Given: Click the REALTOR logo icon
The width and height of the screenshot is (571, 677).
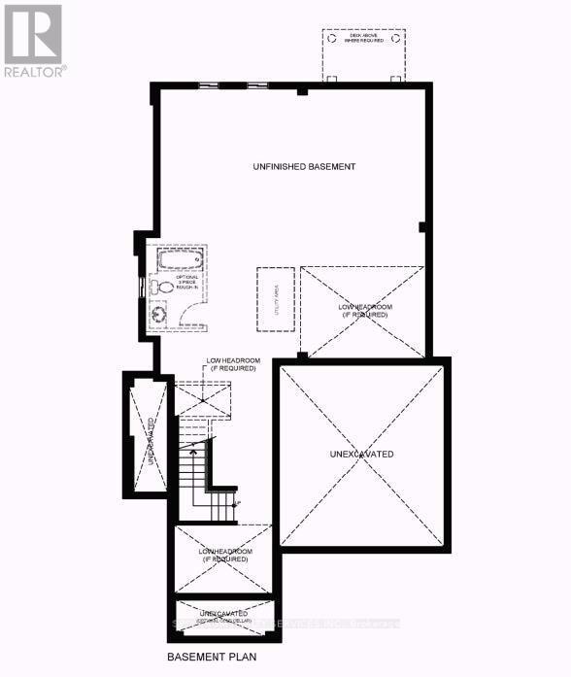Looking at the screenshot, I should click(32, 34).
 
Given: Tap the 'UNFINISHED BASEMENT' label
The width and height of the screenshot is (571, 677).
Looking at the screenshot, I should click(304, 167).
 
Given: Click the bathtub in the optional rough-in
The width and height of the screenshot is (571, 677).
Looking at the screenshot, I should click(179, 258).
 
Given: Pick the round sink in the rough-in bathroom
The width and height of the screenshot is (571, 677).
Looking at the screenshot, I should click(157, 316).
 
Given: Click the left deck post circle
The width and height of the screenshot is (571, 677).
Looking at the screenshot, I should click(329, 79).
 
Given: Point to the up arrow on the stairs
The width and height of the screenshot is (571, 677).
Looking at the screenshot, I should click(192, 453).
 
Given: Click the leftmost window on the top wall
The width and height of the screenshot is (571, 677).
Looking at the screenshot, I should click(208, 86).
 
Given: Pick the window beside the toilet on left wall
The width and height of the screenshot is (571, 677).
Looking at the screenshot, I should click(144, 288).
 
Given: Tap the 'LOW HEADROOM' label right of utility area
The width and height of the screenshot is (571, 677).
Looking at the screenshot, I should click(363, 312).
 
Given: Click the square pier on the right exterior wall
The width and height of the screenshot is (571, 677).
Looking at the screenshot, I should click(422, 228).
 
